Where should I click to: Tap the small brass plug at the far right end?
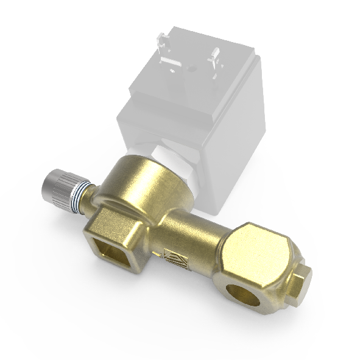(x=302, y=281)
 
